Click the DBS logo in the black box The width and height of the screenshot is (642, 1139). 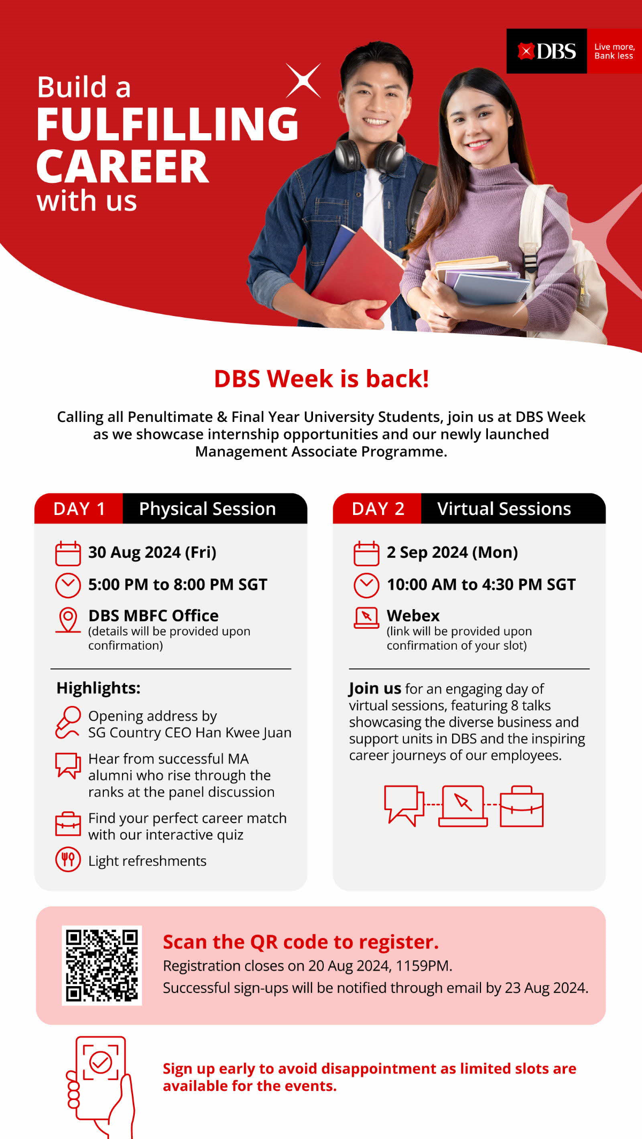(x=547, y=51)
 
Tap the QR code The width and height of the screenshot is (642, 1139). (x=102, y=965)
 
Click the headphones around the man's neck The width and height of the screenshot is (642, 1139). (x=369, y=152)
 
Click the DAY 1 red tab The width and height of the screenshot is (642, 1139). (x=79, y=509)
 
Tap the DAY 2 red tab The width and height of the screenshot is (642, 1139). (x=378, y=509)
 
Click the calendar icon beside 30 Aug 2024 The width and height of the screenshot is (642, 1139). (x=68, y=553)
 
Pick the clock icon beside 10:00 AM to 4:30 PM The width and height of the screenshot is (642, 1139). (x=366, y=585)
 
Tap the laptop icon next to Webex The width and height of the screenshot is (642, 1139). (x=366, y=618)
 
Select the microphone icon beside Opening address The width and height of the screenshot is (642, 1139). (x=68, y=722)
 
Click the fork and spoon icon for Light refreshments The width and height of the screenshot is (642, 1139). (x=68, y=860)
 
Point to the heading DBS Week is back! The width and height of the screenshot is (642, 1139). (x=321, y=379)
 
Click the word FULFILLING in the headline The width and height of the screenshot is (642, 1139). (x=167, y=124)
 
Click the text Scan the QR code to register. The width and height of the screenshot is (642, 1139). (x=301, y=942)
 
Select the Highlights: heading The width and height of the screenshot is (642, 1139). (x=98, y=688)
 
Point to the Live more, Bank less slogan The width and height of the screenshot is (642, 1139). (x=614, y=51)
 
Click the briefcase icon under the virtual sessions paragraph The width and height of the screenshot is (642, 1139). (x=522, y=806)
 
